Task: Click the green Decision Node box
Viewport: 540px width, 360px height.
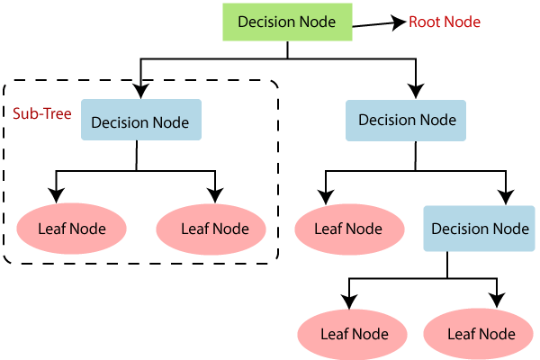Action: tap(285, 21)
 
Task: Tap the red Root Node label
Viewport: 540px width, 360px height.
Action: tap(445, 22)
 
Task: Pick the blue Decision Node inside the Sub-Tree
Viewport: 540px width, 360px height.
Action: tap(140, 121)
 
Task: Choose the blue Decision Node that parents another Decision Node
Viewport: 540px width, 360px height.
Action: tap(407, 120)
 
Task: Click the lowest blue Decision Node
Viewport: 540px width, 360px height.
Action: tap(480, 228)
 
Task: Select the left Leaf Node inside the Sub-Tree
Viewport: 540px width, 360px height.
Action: tap(72, 229)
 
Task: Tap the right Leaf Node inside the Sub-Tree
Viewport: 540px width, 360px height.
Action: tap(214, 229)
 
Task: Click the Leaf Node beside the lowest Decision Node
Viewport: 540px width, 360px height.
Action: tap(347, 229)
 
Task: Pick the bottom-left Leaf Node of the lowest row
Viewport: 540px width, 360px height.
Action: tap(355, 334)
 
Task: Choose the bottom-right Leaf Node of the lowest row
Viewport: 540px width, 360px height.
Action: tap(481, 334)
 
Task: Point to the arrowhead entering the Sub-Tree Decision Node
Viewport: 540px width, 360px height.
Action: tap(139, 90)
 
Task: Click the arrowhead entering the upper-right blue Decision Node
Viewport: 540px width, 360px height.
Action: tap(414, 90)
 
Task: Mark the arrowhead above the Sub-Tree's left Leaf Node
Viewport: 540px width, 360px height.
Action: tap(56, 193)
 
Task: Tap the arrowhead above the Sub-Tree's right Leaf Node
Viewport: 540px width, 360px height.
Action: tap(214, 194)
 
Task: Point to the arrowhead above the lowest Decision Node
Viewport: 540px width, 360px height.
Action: tap(506, 195)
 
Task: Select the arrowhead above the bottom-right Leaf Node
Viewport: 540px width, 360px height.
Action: tap(493, 300)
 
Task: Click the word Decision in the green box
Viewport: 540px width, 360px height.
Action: tap(264, 21)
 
